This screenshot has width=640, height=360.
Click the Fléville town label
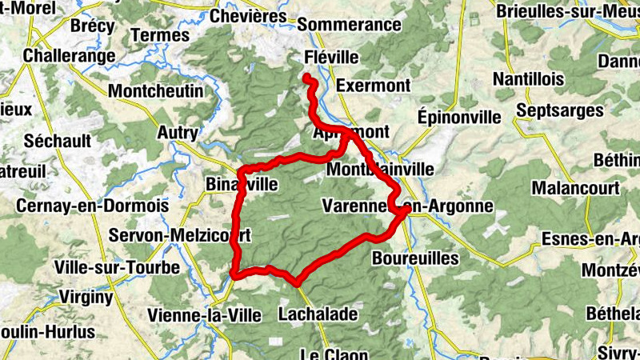332,58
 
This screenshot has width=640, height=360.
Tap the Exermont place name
374,85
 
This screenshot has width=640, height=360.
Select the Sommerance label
354,25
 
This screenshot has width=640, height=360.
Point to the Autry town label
178,131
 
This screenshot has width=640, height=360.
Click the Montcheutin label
155,91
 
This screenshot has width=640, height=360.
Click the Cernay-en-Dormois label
92,206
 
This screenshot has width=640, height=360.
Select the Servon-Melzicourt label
180,235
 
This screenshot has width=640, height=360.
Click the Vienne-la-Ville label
205,315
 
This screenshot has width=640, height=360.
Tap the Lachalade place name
317,314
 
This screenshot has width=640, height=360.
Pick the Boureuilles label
415,258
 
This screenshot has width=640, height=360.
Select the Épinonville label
459,117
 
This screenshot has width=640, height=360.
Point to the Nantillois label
528,80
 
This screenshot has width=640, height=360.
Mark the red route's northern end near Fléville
307,77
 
